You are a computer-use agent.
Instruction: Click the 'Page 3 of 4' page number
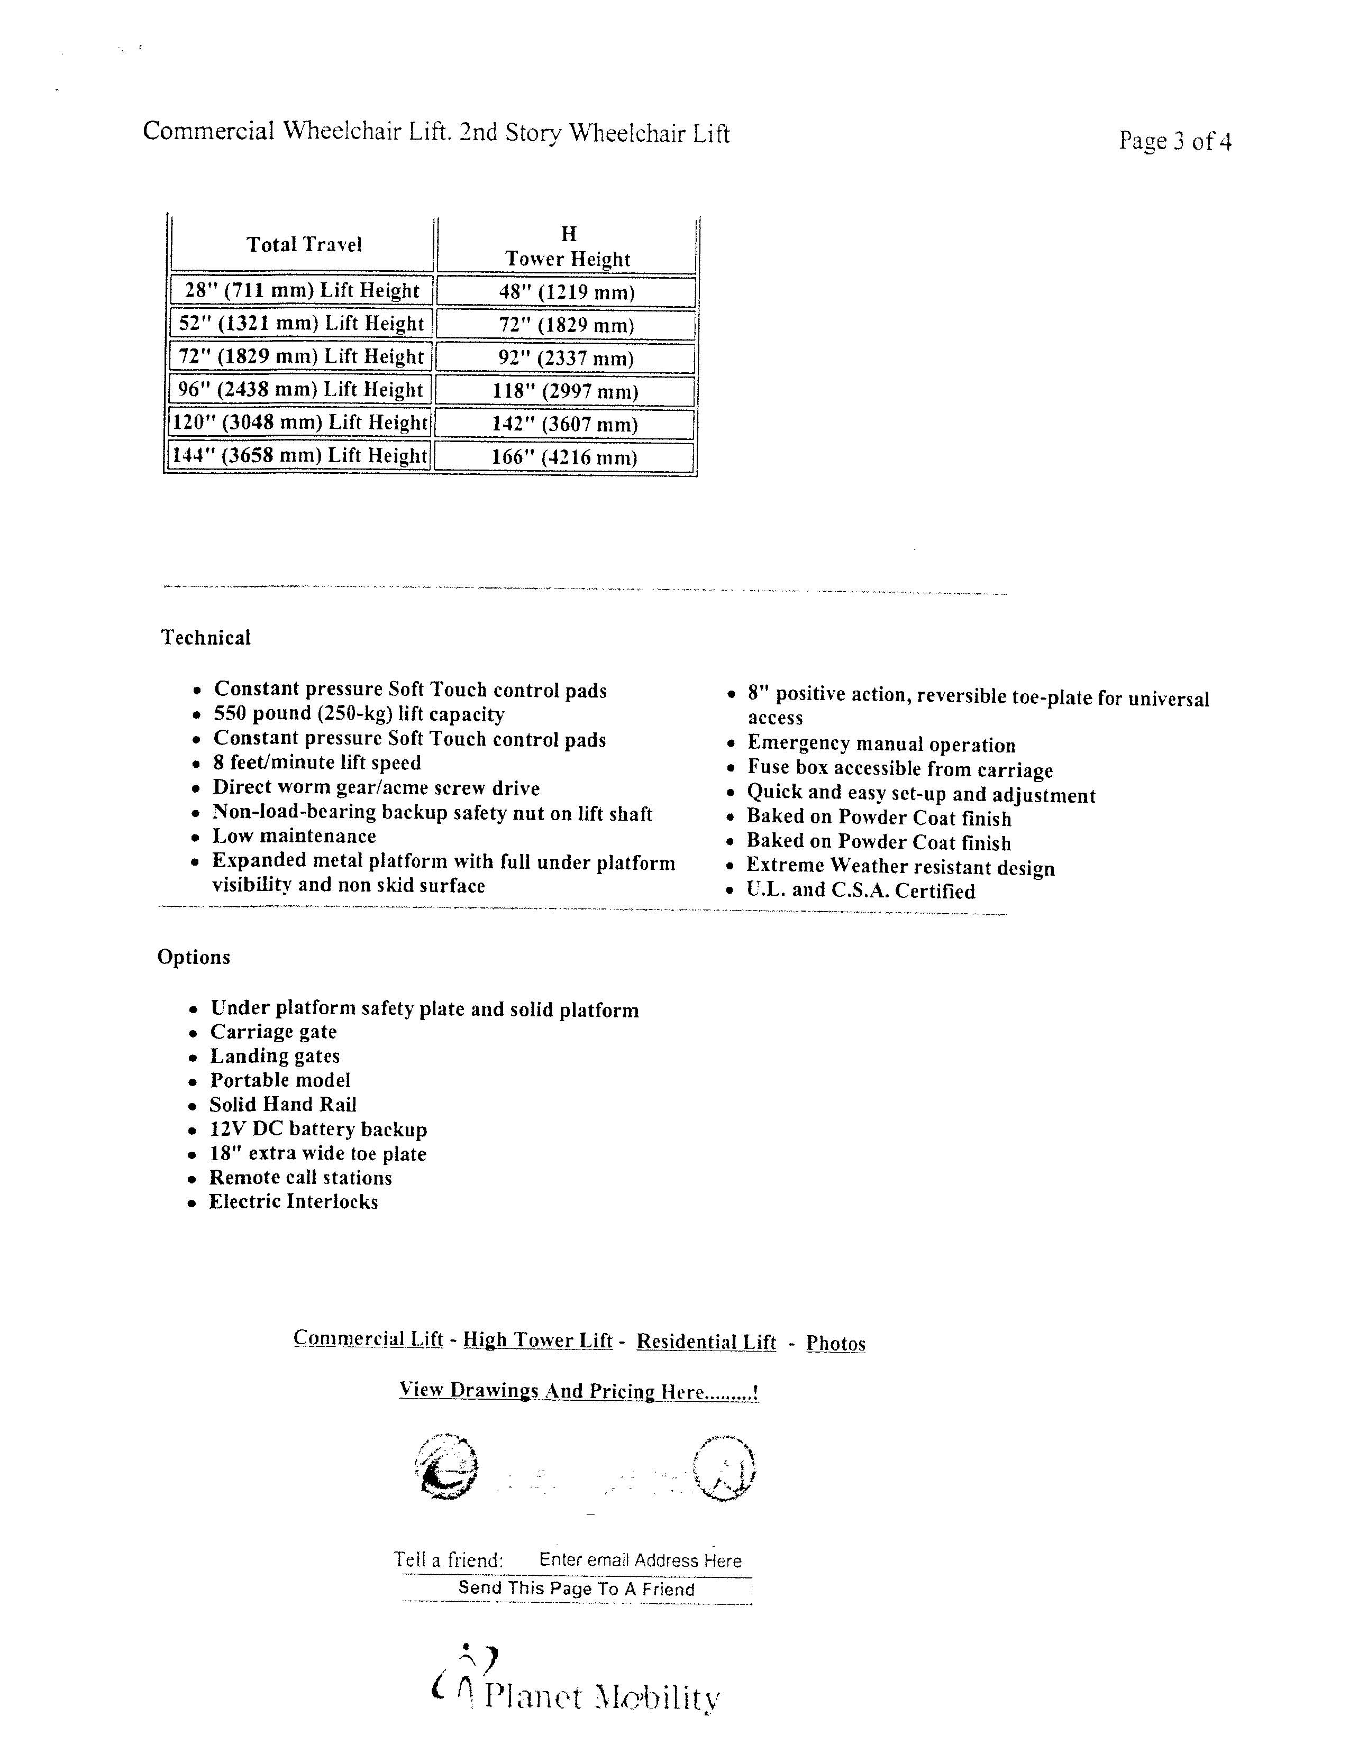coord(1175,141)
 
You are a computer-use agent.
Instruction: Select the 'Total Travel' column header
coord(304,244)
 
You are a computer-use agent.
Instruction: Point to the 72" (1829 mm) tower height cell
coord(567,324)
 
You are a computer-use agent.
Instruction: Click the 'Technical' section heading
coord(206,638)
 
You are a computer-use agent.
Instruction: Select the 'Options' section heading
coord(194,957)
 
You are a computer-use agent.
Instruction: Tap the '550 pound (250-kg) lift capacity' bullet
coord(359,714)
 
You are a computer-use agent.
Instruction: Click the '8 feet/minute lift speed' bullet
coord(316,763)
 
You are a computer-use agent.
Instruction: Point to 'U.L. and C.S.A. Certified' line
coord(861,891)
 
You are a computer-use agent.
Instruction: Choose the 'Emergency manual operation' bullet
coord(881,745)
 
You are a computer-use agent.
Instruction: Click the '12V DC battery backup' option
coord(318,1129)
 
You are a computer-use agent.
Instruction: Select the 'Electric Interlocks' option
coord(293,1202)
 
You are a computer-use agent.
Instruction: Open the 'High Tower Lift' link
coord(538,1340)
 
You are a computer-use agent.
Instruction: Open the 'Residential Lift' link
coord(706,1342)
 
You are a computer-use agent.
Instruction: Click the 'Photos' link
coord(835,1343)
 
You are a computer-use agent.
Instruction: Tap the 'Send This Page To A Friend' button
coord(576,1588)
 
